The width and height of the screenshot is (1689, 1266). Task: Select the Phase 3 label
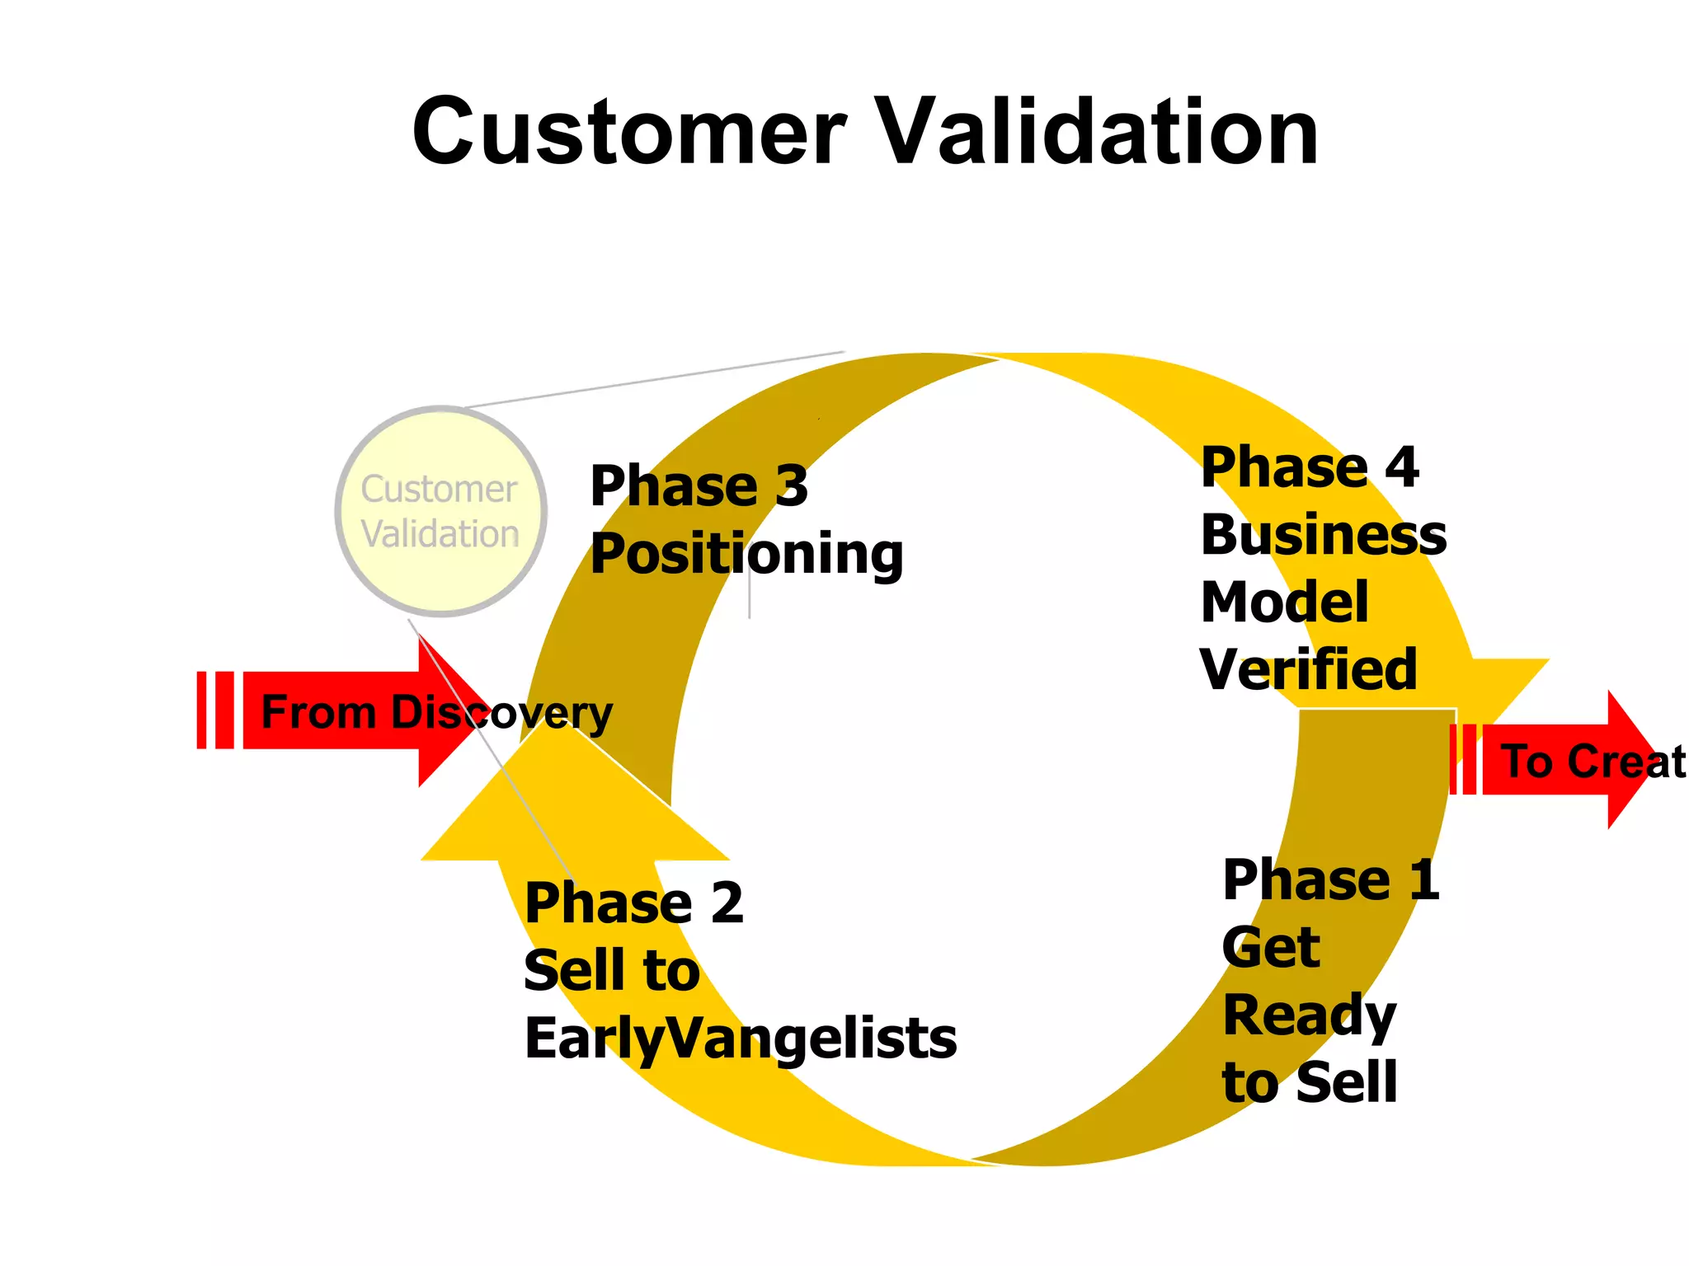(699, 485)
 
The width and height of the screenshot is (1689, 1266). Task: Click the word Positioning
(746, 554)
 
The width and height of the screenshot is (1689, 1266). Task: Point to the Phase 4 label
(1309, 467)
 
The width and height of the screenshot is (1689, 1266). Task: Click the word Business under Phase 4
(1323, 535)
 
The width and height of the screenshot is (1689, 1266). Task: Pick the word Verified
(1308, 669)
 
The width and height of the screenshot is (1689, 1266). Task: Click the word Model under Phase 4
(1284, 603)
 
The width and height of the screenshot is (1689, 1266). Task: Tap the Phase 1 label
(1330, 880)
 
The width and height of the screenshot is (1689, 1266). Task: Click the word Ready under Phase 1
(1309, 1016)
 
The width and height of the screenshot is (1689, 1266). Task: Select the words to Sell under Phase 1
(1309, 1082)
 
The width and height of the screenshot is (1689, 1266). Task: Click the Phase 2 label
(633, 903)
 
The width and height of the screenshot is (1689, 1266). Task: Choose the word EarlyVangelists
(740, 1039)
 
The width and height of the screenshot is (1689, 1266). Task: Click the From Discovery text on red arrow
(435, 712)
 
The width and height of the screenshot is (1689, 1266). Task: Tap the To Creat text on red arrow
(1592, 761)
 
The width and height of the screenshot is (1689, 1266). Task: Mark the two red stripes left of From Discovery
(215, 710)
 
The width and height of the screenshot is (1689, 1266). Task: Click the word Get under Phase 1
(1271, 948)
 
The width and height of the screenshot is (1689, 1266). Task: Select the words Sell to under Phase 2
(611, 971)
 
